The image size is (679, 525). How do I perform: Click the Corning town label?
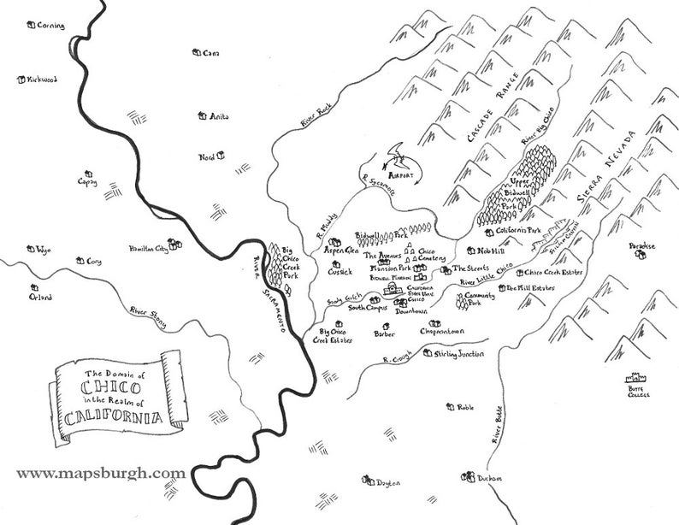(51, 26)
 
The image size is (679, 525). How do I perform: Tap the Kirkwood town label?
(41, 80)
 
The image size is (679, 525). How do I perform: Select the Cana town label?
(211, 53)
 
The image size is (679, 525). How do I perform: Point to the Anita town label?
(219, 116)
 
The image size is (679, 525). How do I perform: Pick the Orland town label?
(39, 298)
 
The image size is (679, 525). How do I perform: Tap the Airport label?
(401, 174)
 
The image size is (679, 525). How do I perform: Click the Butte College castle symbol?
(635, 378)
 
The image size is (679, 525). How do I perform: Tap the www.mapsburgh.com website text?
(100, 473)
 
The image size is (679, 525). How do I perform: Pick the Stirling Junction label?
(458, 354)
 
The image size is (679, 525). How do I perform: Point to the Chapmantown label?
(441, 331)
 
